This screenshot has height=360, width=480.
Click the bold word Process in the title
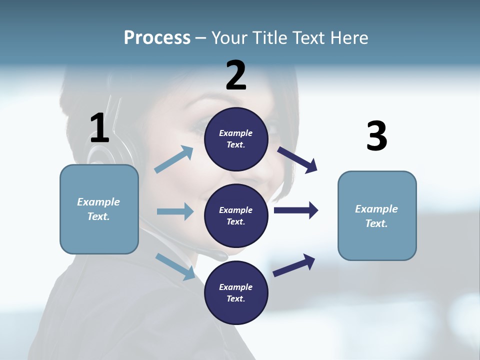pos(157,38)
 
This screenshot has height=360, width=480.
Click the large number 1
pos(99,128)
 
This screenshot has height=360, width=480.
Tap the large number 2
pos(236,75)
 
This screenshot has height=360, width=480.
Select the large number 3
pos(377,136)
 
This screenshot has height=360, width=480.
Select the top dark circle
pos(236,139)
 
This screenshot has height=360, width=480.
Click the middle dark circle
pos(236,215)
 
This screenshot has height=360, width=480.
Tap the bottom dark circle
pos(236,292)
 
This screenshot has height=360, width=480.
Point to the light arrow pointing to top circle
pos(174,159)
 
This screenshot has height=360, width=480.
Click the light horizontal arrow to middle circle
pos(175,211)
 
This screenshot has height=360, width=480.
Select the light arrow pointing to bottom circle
pos(175,266)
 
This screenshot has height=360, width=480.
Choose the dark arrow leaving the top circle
pos(297,160)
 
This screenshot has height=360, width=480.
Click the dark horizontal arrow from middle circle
pos(296,210)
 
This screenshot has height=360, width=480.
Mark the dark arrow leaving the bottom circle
pos(294,265)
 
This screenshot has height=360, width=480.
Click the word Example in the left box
pos(98,202)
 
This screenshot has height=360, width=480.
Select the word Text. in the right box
pos(376,223)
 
